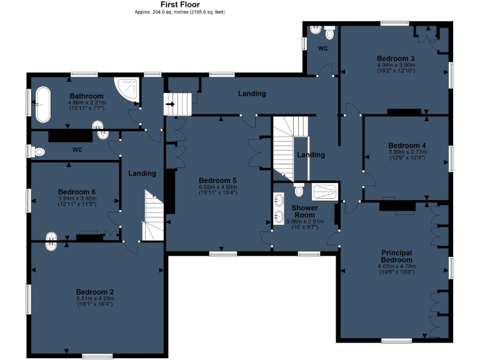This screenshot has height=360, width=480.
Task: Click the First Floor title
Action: click(180, 4)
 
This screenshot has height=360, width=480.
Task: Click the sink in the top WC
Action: click(316, 29)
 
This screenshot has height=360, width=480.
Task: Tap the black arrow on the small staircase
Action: click(169, 104)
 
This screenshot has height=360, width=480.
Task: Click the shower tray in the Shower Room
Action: click(325, 190)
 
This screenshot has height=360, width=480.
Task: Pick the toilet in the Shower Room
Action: click(299, 189)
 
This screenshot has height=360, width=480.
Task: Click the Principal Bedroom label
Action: click(397, 256)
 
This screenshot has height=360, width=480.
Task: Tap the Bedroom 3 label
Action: click(396, 58)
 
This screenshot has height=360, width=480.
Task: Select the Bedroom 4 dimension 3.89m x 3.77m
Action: click(406, 152)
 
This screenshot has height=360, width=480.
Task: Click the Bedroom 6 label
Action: click(76, 191)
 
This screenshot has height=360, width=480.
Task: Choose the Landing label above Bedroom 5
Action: click(252, 94)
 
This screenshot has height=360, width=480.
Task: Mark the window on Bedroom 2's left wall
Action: click(28, 299)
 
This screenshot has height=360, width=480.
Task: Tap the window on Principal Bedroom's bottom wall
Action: click(396, 341)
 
